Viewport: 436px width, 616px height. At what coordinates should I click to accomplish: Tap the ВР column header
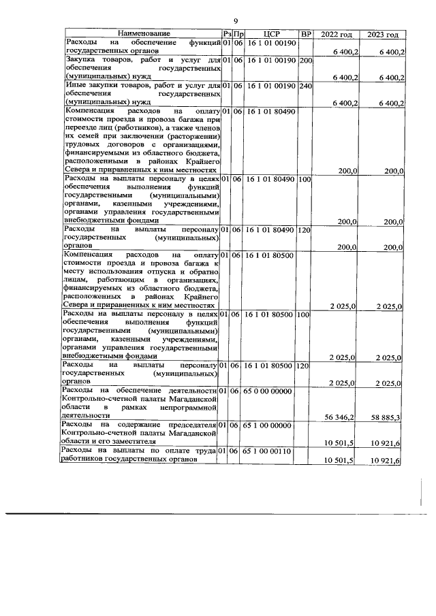coord(306,34)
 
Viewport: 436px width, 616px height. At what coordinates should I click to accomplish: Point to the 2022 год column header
coord(337,34)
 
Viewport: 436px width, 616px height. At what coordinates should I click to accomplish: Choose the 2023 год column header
coord(383,34)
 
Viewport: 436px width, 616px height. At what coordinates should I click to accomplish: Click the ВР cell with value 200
coord(305,61)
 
